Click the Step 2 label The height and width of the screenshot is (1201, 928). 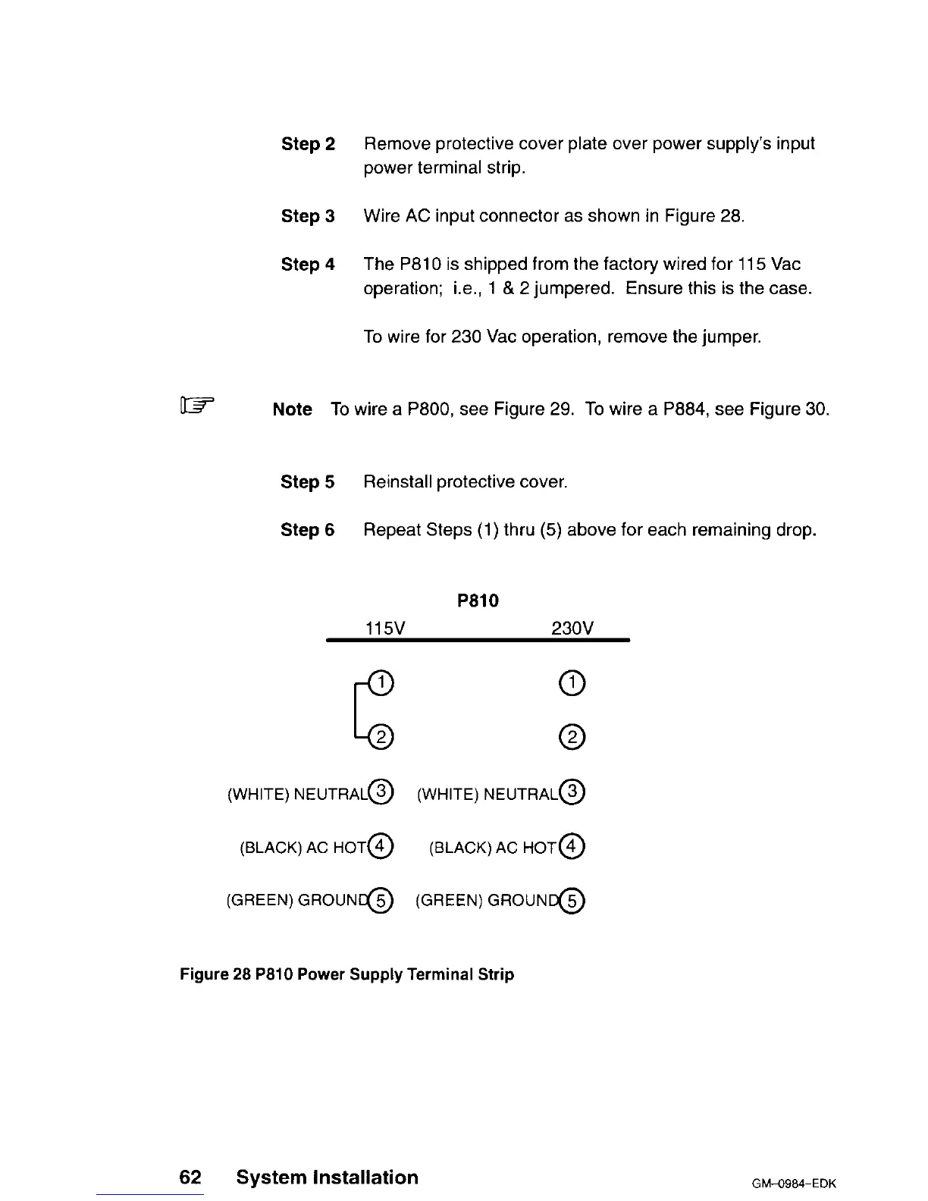pyautogui.click(x=308, y=144)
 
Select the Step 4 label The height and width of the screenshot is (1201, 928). pyautogui.click(x=308, y=265)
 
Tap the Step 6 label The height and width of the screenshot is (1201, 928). pyautogui.click(x=307, y=530)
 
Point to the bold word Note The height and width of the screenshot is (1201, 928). pyautogui.click(x=292, y=409)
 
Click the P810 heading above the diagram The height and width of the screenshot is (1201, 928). pyautogui.click(x=478, y=601)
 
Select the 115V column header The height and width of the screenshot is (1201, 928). pyautogui.click(x=385, y=629)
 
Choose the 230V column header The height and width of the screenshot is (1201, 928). pyautogui.click(x=572, y=629)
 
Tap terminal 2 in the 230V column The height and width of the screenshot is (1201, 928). pyautogui.click(x=573, y=737)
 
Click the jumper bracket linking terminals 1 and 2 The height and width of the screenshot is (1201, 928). pyautogui.click(x=356, y=710)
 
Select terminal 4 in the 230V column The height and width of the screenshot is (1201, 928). pyautogui.click(x=573, y=846)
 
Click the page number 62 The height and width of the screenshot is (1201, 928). pyautogui.click(x=190, y=1177)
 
